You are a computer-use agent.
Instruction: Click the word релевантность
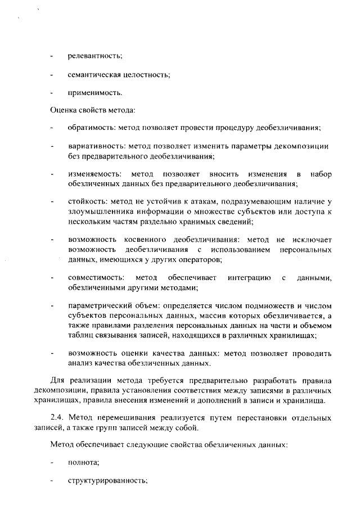coord(94,56)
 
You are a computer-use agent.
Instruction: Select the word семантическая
coord(97,74)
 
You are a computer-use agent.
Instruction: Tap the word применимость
coord(94,92)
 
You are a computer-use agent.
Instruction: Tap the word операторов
coord(200,259)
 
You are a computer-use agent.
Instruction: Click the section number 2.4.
coord(58,418)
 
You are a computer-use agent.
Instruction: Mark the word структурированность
coord(107,481)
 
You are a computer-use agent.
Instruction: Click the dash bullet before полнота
coord(52,463)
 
